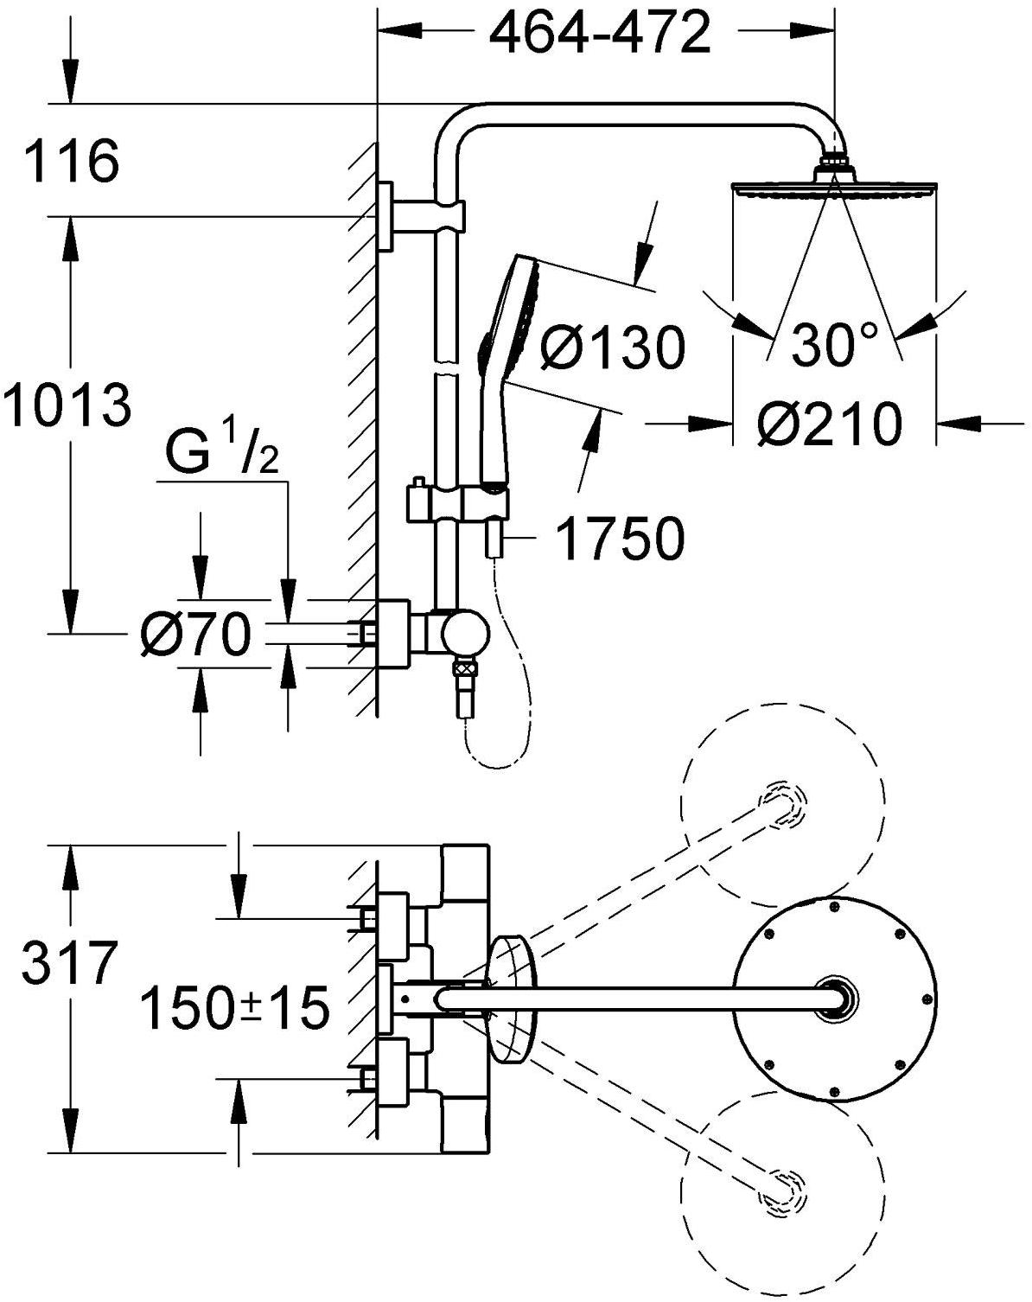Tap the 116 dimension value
click(x=71, y=161)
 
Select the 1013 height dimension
click(x=67, y=406)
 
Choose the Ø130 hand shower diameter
click(x=610, y=348)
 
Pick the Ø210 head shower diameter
click(x=828, y=424)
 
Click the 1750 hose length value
click(x=619, y=539)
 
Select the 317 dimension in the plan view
click(x=69, y=964)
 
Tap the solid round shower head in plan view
click(x=836, y=997)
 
